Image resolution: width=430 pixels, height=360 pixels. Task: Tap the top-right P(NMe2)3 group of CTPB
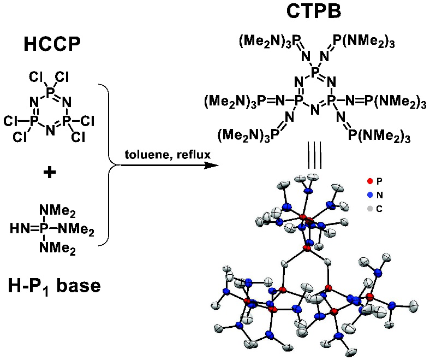click(x=368, y=41)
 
